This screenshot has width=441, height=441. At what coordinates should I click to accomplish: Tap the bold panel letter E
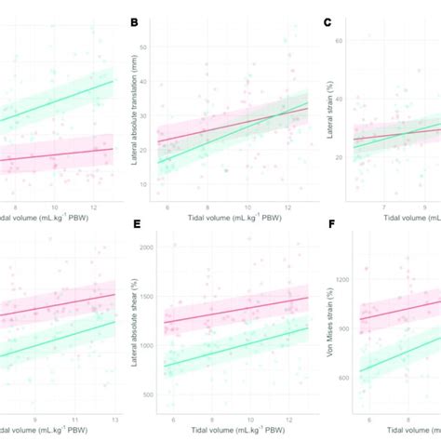[135, 224]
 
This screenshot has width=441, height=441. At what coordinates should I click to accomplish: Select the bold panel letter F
[327, 224]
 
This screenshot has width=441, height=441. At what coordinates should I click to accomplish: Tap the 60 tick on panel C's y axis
[340, 42]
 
